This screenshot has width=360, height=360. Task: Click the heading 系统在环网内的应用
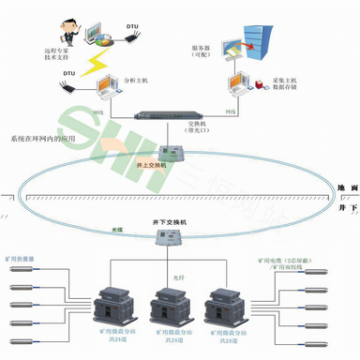point(44,139)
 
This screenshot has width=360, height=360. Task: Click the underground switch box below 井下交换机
point(167,239)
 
